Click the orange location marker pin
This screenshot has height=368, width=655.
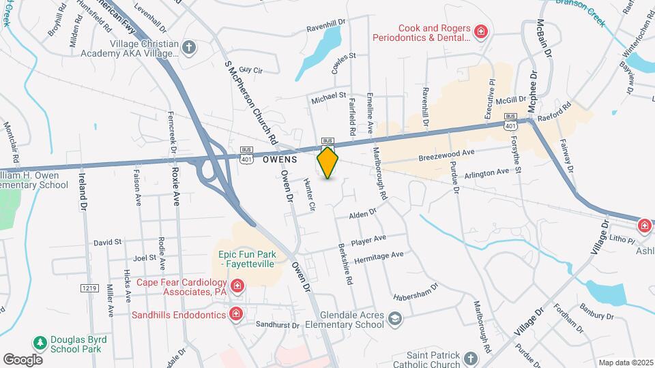328,162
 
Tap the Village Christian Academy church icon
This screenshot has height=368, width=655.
189,48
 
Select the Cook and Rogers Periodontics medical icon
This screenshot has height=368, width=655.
481,31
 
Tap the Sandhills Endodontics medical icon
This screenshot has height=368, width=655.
235,314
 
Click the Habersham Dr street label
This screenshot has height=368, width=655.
414,292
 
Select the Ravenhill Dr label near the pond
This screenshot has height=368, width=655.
327,23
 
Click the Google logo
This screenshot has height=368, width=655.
23,359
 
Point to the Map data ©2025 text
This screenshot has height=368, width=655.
626,363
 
